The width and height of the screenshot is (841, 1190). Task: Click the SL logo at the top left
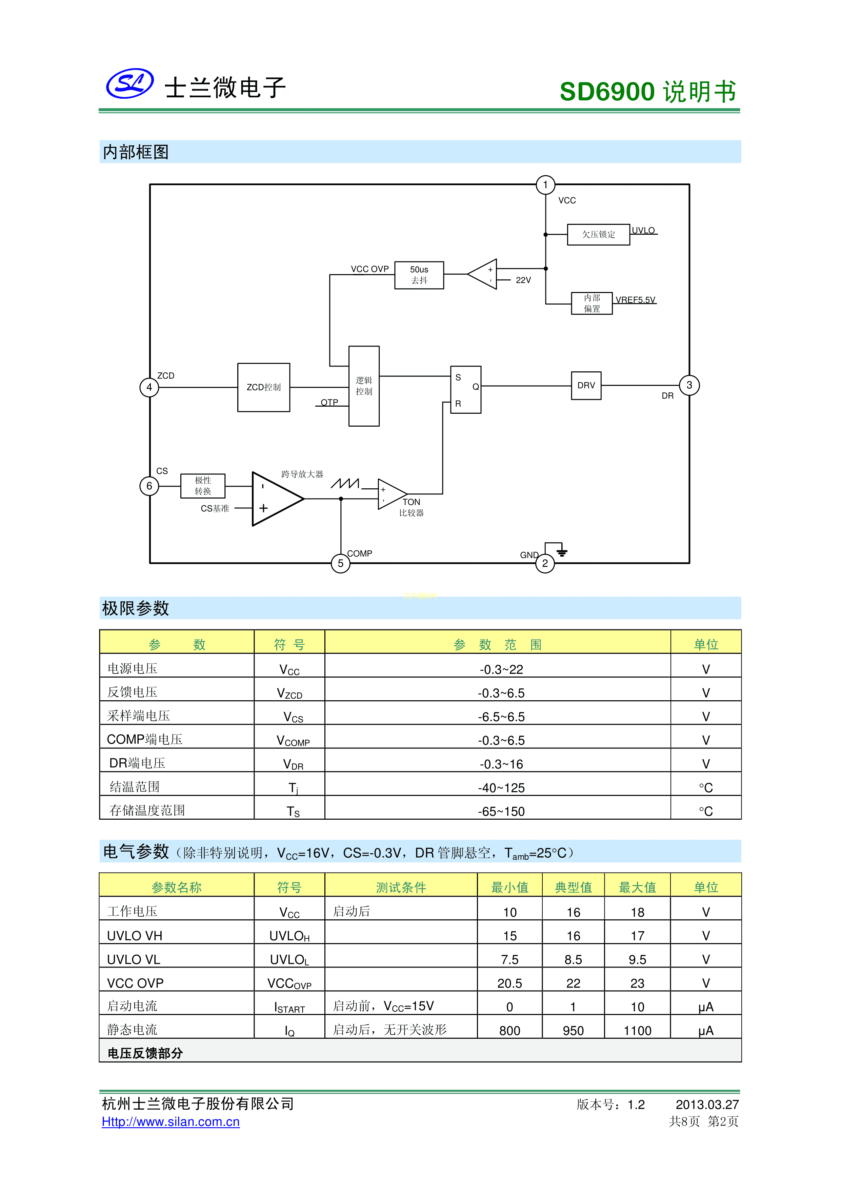pyautogui.click(x=129, y=83)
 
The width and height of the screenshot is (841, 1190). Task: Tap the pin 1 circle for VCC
pyautogui.click(x=545, y=185)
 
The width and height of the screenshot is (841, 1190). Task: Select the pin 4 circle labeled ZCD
pyautogui.click(x=149, y=387)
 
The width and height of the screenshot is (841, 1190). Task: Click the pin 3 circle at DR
pyautogui.click(x=689, y=385)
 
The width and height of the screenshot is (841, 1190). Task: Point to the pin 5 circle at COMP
pyautogui.click(x=340, y=563)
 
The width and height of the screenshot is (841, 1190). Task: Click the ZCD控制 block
pyautogui.click(x=263, y=387)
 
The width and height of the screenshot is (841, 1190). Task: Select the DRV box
pyautogui.click(x=586, y=386)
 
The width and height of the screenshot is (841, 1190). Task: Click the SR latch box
pyautogui.click(x=466, y=390)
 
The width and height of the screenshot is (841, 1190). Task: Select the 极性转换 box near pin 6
pyautogui.click(x=203, y=486)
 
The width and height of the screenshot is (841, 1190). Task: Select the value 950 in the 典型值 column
pyautogui.click(x=573, y=1031)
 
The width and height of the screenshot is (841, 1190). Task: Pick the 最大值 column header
pyautogui.click(x=637, y=887)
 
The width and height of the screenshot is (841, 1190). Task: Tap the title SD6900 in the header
pyautogui.click(x=607, y=92)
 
